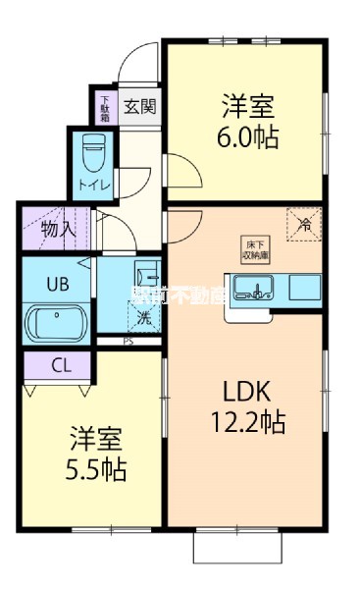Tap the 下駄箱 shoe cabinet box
[106, 103]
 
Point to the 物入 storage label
[58, 231]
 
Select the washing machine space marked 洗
[144, 316]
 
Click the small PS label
[129, 342]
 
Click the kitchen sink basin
[258, 289]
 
